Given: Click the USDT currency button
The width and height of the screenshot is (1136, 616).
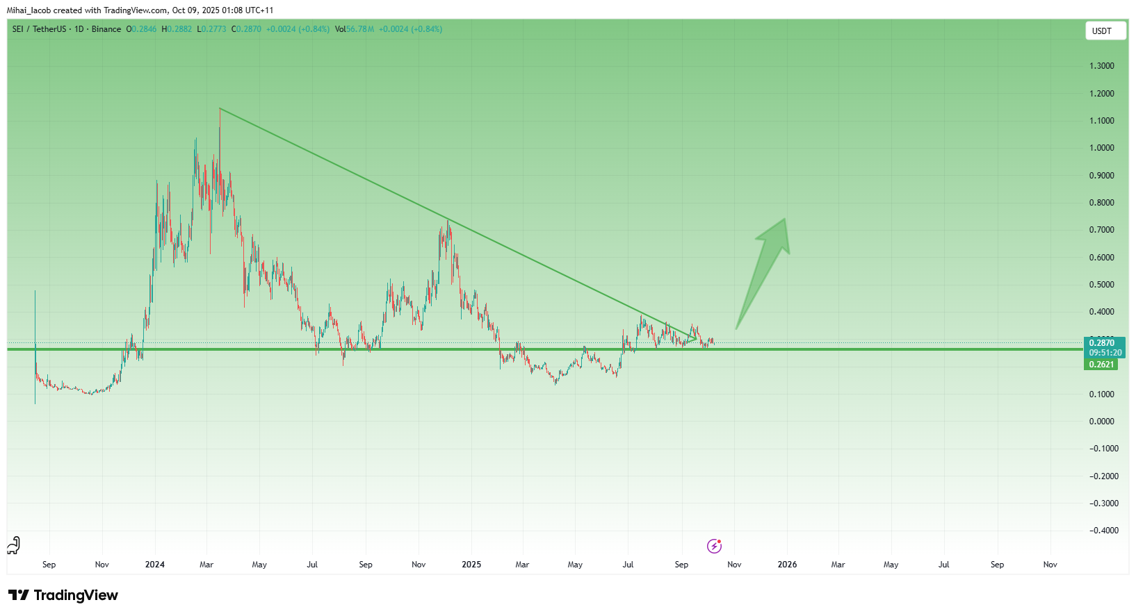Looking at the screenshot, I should pyautogui.click(x=1105, y=31).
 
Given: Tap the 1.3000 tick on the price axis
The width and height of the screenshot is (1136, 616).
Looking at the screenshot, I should pyautogui.click(x=1101, y=66).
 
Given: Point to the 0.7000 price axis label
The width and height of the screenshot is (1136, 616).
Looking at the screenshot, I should pyautogui.click(x=1101, y=230).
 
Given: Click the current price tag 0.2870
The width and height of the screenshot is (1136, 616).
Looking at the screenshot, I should pyautogui.click(x=1102, y=343).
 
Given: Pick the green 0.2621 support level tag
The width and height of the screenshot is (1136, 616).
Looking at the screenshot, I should pyautogui.click(x=1101, y=365).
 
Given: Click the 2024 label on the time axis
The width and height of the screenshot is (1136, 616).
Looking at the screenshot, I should pyautogui.click(x=154, y=565).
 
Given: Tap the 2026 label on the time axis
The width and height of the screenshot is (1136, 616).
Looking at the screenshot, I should pyautogui.click(x=787, y=565).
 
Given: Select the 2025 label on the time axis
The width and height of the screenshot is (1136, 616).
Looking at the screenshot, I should pyautogui.click(x=471, y=565).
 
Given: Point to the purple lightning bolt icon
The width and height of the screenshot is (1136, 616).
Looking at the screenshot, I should pyautogui.click(x=714, y=546).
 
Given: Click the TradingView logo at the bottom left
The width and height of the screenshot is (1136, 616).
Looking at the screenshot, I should pyautogui.click(x=63, y=595).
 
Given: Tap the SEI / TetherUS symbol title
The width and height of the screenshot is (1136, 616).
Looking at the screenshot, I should pyautogui.click(x=39, y=29).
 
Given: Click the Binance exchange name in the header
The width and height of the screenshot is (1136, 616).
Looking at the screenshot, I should pyautogui.click(x=106, y=29).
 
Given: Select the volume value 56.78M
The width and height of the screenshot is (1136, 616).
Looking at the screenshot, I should pyautogui.click(x=360, y=29).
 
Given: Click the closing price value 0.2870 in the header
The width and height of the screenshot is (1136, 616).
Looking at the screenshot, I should pyautogui.click(x=248, y=29).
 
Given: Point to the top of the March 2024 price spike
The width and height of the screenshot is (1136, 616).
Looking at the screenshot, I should pyautogui.click(x=220, y=110).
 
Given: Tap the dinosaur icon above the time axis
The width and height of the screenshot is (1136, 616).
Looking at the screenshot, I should pyautogui.click(x=14, y=545).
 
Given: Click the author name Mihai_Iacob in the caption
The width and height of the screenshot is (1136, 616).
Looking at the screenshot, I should pyautogui.click(x=29, y=10).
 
